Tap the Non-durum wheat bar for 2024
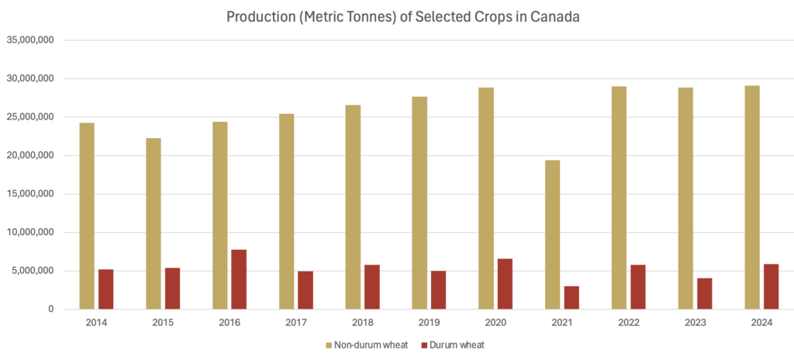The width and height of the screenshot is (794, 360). (x=752, y=197)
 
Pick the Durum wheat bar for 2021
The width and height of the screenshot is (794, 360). (x=571, y=297)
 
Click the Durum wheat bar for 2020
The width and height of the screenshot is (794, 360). (x=505, y=284)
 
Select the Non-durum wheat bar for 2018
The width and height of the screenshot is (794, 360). (x=353, y=206)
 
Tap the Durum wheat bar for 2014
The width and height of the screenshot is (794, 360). (x=106, y=289)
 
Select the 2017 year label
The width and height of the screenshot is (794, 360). (x=296, y=322)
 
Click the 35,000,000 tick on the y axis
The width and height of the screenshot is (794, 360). (x=29, y=40)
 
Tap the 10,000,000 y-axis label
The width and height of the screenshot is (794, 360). (x=29, y=232)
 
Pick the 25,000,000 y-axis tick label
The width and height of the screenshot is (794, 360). (x=29, y=117)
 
